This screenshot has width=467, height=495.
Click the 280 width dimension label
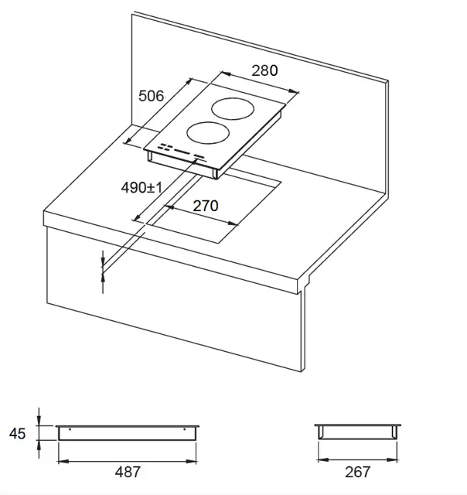[264, 70]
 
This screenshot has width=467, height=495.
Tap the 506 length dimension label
[151, 96]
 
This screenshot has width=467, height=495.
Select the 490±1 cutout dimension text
[141, 187]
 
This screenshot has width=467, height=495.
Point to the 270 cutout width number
[206, 206]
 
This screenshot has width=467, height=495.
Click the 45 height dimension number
[17, 433]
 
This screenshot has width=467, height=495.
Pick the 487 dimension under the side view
[128, 473]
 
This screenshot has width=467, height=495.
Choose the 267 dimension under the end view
[357, 473]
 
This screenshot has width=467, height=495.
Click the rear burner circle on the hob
[233, 98]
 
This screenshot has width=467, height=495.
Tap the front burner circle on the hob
[208, 122]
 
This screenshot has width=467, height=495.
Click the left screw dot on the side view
[70, 429]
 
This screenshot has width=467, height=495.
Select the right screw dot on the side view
[185, 429]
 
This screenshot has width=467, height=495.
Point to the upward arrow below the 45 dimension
[39, 449]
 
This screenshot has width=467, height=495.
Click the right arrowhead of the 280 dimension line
[293, 91]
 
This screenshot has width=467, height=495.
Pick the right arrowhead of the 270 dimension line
[233, 224]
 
